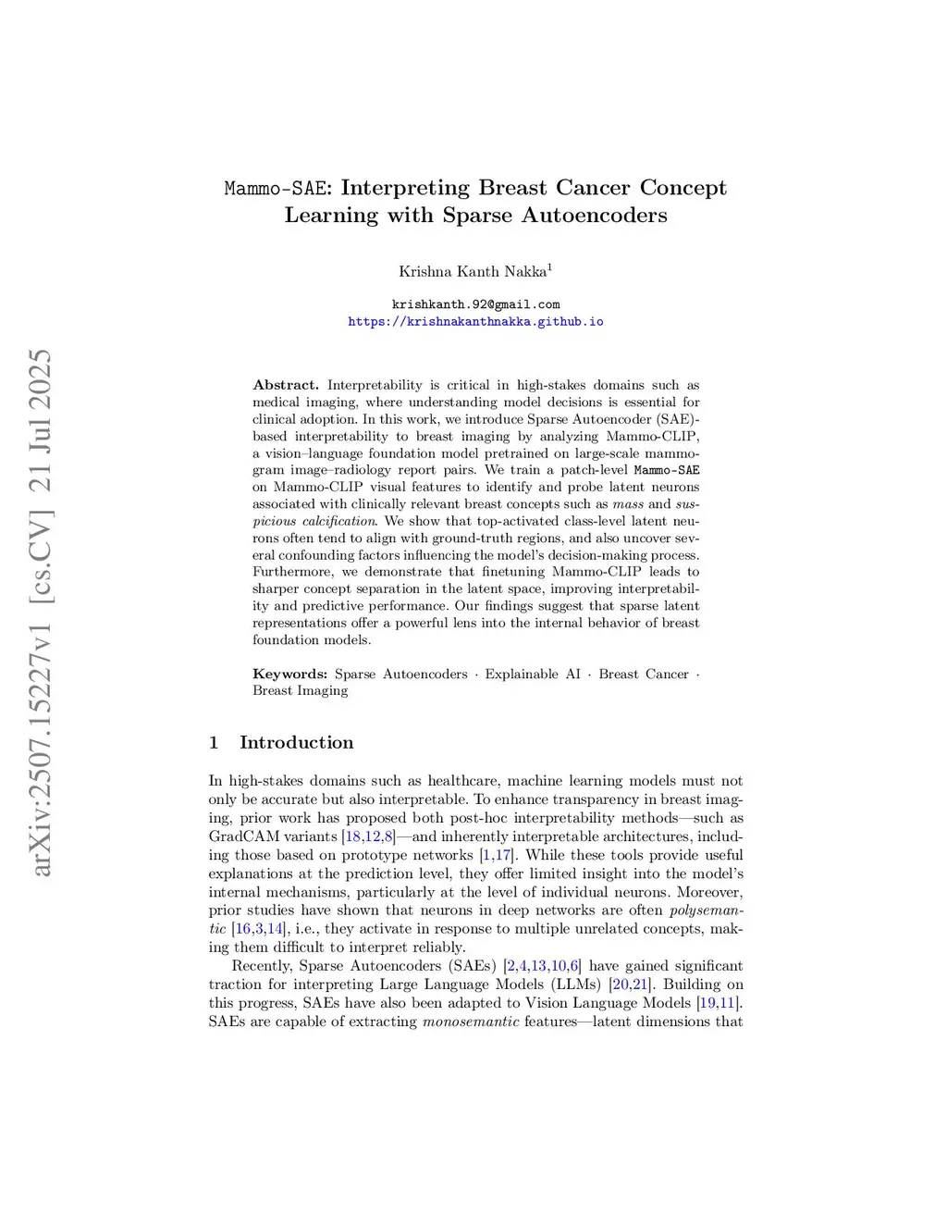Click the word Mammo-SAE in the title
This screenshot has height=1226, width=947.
[275, 189]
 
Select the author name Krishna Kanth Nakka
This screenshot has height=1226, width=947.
[472, 272]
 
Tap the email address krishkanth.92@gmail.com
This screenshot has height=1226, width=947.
[475, 304]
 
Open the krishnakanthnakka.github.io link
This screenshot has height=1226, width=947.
[475, 322]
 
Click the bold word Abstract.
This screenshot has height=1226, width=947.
[286, 385]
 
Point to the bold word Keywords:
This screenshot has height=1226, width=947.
[289, 674]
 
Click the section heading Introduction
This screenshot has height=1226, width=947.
[296, 742]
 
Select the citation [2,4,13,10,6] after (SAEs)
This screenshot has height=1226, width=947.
[542, 966]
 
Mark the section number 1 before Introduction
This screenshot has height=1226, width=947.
[214, 742]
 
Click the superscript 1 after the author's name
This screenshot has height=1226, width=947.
[549, 267]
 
